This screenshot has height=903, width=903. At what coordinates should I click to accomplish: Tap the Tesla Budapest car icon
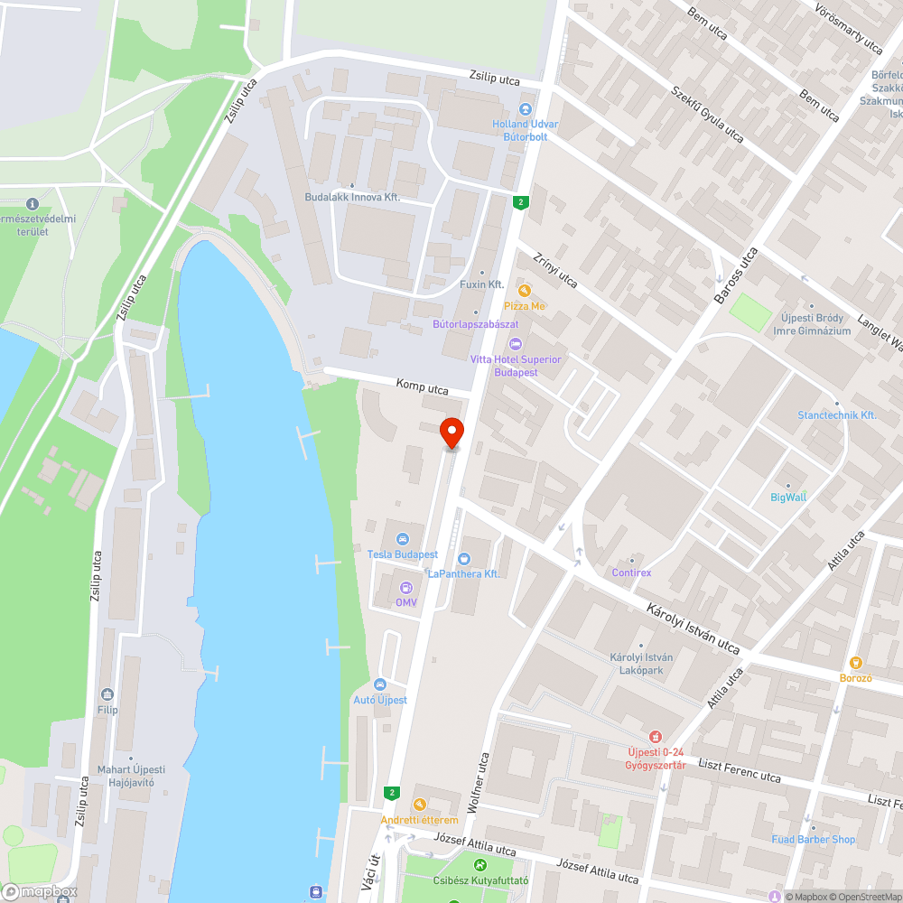click(x=403, y=539)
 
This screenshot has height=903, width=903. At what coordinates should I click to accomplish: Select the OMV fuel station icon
click(x=405, y=588)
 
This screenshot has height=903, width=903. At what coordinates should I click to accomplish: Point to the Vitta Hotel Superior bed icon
click(x=516, y=344)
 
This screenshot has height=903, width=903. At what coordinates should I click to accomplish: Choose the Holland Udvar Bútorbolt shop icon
click(x=525, y=109)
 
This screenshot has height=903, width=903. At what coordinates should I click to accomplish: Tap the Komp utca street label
click(x=422, y=387)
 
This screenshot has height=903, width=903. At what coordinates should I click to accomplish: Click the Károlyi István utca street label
click(x=693, y=628)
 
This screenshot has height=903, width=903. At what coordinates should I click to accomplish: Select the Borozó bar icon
click(x=856, y=663)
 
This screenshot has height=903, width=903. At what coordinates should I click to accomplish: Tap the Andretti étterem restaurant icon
click(x=419, y=805)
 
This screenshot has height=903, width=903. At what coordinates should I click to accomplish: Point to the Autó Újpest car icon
click(x=379, y=684)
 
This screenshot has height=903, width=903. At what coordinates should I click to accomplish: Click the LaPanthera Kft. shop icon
click(x=464, y=559)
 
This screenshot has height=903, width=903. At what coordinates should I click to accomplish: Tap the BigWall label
click(x=788, y=497)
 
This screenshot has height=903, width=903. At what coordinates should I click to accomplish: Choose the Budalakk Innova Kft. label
click(x=352, y=197)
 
